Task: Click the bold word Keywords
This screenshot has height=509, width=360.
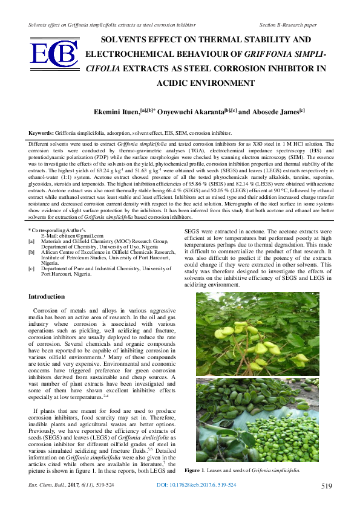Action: [x=41, y=132]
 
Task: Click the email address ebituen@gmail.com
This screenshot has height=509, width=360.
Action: [x=69, y=235]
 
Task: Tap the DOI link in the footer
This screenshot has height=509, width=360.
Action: [x=197, y=485]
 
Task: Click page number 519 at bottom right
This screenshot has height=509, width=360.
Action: [x=326, y=486]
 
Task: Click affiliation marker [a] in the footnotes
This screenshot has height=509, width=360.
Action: [x=31, y=241]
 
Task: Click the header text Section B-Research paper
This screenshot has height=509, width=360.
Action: [x=288, y=25]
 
